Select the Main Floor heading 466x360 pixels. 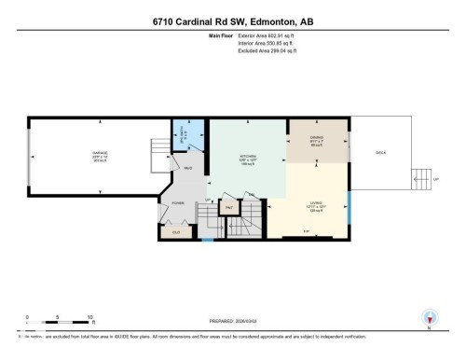coord(220,36)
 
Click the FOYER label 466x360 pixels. coord(177,202)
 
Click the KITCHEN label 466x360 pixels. coord(247,156)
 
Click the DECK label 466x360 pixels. coord(380,152)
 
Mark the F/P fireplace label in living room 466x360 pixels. coord(306,230)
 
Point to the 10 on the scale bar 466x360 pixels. coord(89,316)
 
